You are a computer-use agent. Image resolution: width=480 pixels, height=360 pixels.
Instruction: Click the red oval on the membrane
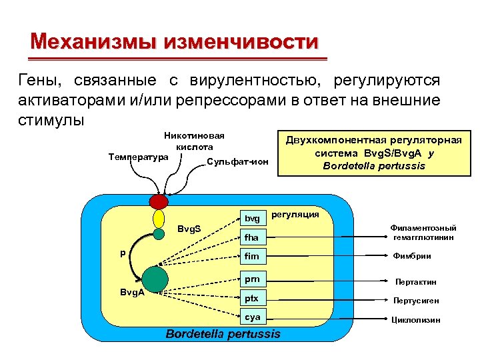point(159,201)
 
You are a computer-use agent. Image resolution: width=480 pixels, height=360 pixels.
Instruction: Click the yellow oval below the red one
point(159,219)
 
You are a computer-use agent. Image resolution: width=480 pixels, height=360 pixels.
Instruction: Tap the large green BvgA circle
point(155,279)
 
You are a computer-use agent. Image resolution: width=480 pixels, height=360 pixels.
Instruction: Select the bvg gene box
point(253,218)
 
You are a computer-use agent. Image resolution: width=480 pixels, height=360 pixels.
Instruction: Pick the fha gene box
point(253,237)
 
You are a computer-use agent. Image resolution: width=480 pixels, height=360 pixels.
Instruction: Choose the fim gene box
point(253,256)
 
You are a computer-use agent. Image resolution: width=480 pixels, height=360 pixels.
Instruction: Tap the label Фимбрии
point(415,256)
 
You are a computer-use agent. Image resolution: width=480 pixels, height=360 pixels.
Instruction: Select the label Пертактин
point(415,282)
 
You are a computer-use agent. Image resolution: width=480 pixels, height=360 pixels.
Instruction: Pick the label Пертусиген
point(415,301)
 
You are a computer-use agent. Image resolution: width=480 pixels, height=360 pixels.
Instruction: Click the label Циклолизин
point(415,320)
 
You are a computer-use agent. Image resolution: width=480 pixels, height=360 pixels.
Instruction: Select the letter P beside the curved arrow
point(122,253)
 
